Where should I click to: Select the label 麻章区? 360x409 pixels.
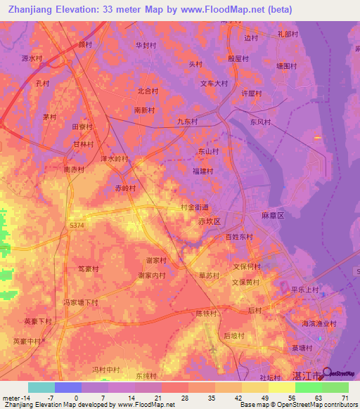pos(271,216)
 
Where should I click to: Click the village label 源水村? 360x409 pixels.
pos(32,58)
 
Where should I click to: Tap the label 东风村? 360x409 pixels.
pos(259,122)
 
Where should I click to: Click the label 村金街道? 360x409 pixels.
pos(194,207)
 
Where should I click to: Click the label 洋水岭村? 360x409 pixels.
pos(115,159)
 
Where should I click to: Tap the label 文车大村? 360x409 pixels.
pos(214,84)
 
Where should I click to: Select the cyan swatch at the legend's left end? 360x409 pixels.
pos(41,387)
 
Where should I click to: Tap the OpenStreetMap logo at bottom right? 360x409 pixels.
pos(340,375)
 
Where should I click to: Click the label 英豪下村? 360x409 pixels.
pos(38,320)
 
